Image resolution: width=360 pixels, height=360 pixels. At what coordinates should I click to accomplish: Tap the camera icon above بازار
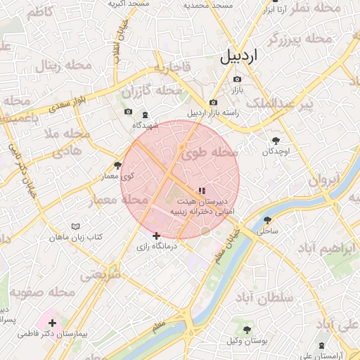point(236,79)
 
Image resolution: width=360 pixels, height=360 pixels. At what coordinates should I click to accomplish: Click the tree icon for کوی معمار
point(118,166)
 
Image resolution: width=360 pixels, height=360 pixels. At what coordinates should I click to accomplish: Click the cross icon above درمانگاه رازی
point(156,236)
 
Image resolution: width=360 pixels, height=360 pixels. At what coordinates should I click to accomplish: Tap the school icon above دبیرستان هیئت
point(202,190)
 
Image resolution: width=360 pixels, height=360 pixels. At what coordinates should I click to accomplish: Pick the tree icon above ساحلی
point(267,219)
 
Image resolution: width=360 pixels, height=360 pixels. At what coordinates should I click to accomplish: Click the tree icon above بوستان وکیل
point(247,330)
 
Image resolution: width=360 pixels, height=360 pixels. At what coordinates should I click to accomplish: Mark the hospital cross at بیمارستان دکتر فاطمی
point(53,323)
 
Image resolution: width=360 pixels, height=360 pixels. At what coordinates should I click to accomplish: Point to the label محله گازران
point(151,92)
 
